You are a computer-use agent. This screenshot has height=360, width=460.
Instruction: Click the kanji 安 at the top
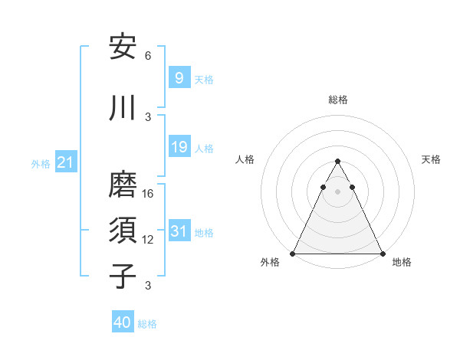123,47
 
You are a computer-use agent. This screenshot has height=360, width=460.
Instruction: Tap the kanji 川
123,108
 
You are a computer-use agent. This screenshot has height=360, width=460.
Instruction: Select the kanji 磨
123,186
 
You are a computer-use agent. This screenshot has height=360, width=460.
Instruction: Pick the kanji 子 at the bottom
123,277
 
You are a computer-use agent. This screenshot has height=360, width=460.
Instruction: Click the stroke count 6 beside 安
148,56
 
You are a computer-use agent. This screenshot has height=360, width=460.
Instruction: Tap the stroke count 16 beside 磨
148,194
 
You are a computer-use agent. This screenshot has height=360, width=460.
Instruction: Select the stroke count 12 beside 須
148,240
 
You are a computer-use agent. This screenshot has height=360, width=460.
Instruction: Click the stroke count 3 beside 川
148,116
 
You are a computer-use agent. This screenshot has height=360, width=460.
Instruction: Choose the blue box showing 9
179,77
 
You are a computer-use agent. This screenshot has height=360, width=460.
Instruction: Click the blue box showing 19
179,146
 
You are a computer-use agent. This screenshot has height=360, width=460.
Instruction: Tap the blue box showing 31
179,231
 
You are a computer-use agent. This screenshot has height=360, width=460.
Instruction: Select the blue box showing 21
65,162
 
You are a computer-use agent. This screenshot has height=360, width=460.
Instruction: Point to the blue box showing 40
123,322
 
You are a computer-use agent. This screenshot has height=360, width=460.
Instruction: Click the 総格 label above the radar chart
337,100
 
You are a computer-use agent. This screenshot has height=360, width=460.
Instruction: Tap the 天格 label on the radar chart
431,159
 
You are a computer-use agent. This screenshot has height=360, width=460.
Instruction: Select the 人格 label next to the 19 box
204,148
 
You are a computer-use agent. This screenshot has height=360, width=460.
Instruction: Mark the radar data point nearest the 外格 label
293,254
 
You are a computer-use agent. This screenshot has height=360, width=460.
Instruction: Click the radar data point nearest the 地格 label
382,254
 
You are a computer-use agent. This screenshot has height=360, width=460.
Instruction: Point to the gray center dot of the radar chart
337,191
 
